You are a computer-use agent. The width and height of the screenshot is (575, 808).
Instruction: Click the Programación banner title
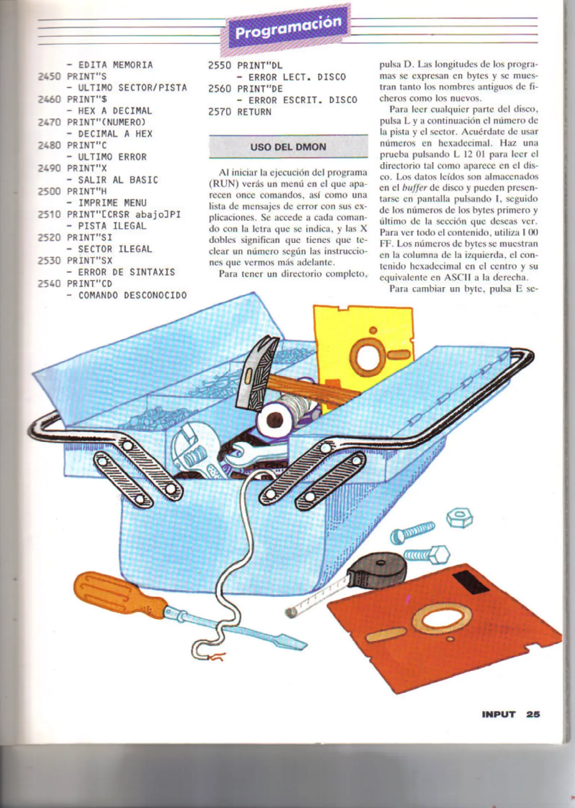pyautogui.click(x=288, y=28)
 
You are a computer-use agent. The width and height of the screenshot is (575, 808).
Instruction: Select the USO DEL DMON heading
pyautogui.click(x=288, y=147)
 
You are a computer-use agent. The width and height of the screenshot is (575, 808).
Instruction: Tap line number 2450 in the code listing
pyautogui.click(x=49, y=76)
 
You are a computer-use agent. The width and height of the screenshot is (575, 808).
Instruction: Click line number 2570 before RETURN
pyautogui.click(x=220, y=111)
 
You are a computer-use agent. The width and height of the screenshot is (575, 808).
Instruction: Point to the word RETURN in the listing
pyautogui.click(x=254, y=111)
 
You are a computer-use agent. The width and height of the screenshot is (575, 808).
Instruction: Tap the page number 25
pyautogui.click(x=533, y=714)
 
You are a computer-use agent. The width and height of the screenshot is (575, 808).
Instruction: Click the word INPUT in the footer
pyautogui.click(x=498, y=714)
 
